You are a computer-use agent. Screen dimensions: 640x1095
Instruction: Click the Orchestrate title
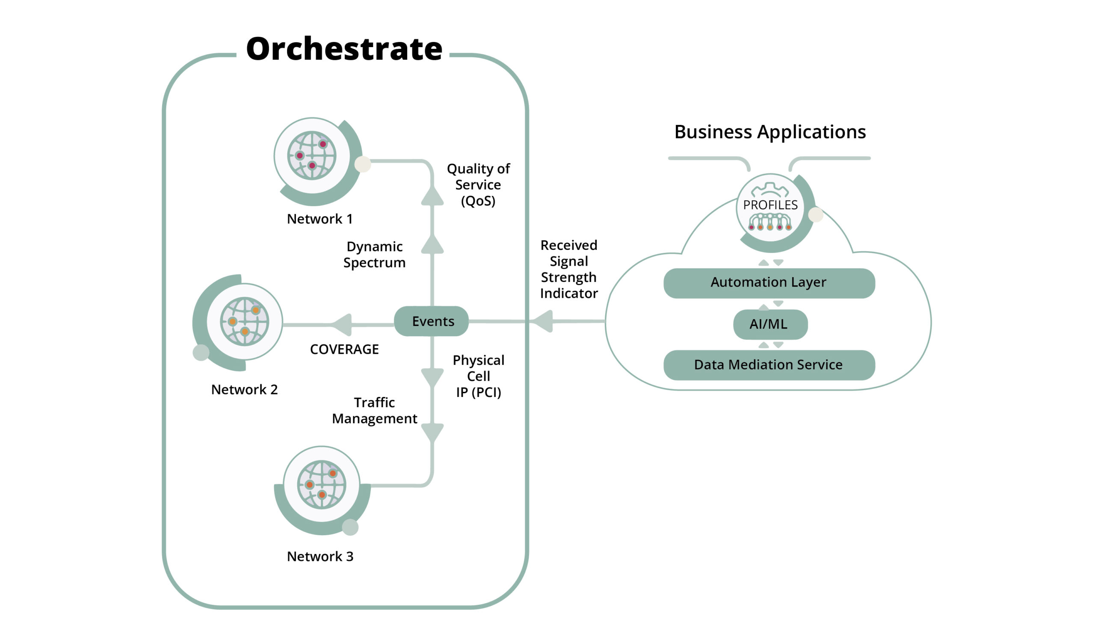(x=344, y=49)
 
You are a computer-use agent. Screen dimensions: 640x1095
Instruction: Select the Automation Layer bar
(x=769, y=283)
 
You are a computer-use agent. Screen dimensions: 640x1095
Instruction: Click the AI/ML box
(x=770, y=324)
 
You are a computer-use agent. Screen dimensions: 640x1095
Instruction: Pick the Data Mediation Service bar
(x=769, y=365)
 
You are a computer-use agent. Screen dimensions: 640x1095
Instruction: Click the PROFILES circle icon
(x=770, y=207)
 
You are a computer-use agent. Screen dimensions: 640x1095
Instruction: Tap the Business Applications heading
(x=769, y=132)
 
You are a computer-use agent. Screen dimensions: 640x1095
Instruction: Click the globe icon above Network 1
(x=311, y=156)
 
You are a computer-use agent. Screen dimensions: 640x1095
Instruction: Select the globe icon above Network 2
(x=244, y=322)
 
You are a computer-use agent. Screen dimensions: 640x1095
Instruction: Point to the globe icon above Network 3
(x=322, y=484)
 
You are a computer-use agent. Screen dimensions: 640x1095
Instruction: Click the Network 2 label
(x=244, y=390)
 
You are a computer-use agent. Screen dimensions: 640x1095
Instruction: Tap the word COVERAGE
(x=344, y=350)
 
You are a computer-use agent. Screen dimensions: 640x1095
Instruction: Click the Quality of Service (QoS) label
(x=478, y=185)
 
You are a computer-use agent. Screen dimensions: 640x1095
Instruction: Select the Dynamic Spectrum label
(x=374, y=255)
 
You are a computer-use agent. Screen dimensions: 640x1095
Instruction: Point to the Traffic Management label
(x=374, y=411)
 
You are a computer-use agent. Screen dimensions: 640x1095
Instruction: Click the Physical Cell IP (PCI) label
(x=478, y=376)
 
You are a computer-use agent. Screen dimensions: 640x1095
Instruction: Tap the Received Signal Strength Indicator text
(x=568, y=270)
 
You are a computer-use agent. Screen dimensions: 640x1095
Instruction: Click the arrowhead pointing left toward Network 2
(x=343, y=325)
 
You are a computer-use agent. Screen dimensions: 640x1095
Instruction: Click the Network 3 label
(x=320, y=557)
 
